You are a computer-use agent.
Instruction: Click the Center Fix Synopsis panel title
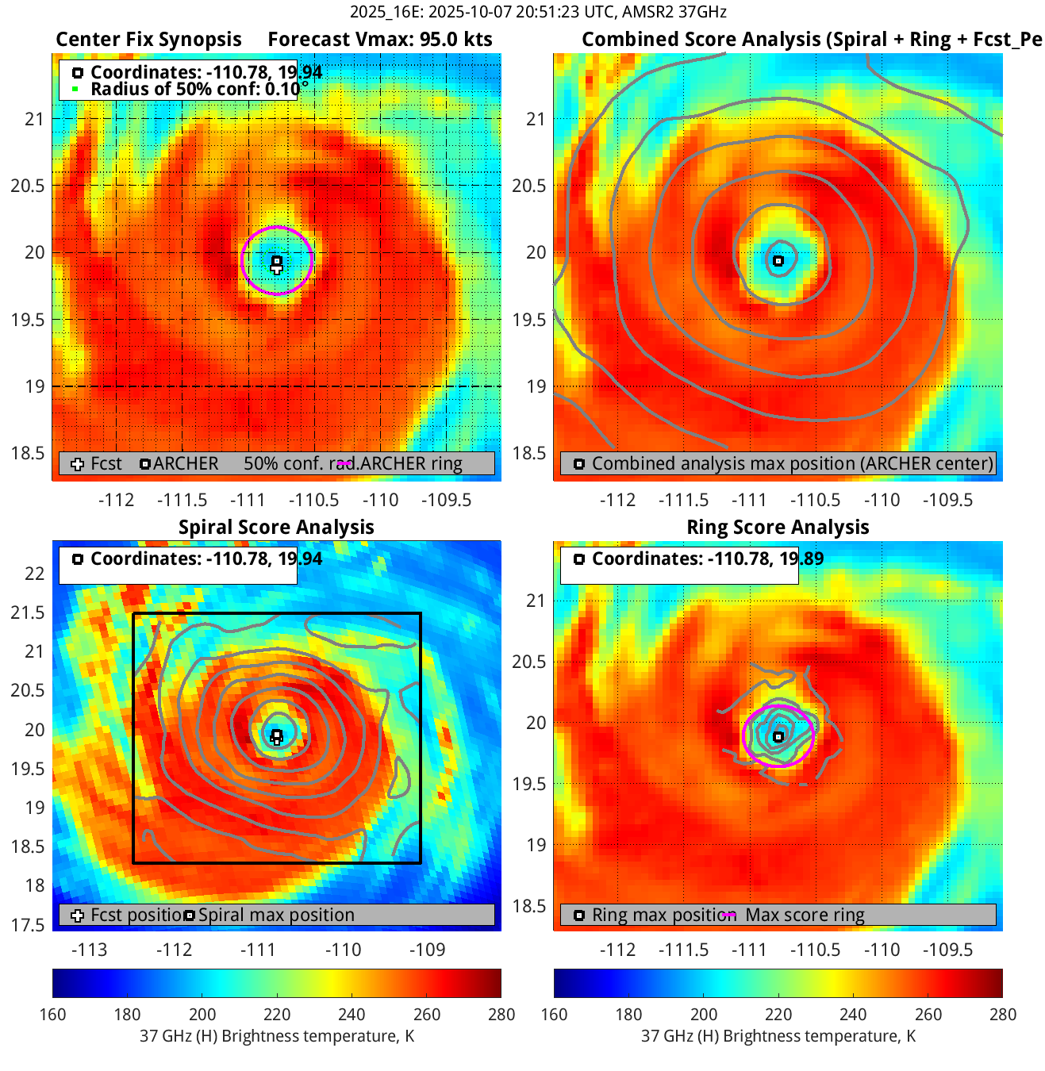pyautogui.click(x=148, y=40)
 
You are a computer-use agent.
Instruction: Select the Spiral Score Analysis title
pyautogui.click(x=276, y=528)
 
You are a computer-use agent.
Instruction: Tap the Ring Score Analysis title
pyautogui.click(x=778, y=528)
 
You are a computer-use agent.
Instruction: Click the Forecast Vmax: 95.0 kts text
pyautogui.click(x=380, y=40)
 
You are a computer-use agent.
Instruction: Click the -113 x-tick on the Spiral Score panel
pyautogui.click(x=89, y=950)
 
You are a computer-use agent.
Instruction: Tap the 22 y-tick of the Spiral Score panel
pyautogui.click(x=35, y=574)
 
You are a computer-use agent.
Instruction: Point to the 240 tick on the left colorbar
pyautogui.click(x=352, y=1014)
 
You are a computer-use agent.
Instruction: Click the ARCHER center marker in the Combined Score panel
pyautogui.click(x=778, y=261)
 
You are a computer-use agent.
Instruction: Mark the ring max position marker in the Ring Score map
pyautogui.click(x=778, y=737)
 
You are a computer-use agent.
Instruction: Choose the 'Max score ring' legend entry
pyautogui.click(x=805, y=915)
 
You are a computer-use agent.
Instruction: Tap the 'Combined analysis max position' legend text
pyautogui.click(x=792, y=464)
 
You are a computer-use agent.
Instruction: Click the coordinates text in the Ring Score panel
pyautogui.click(x=708, y=559)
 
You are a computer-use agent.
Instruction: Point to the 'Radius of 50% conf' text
pyautogui.click(x=194, y=89)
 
